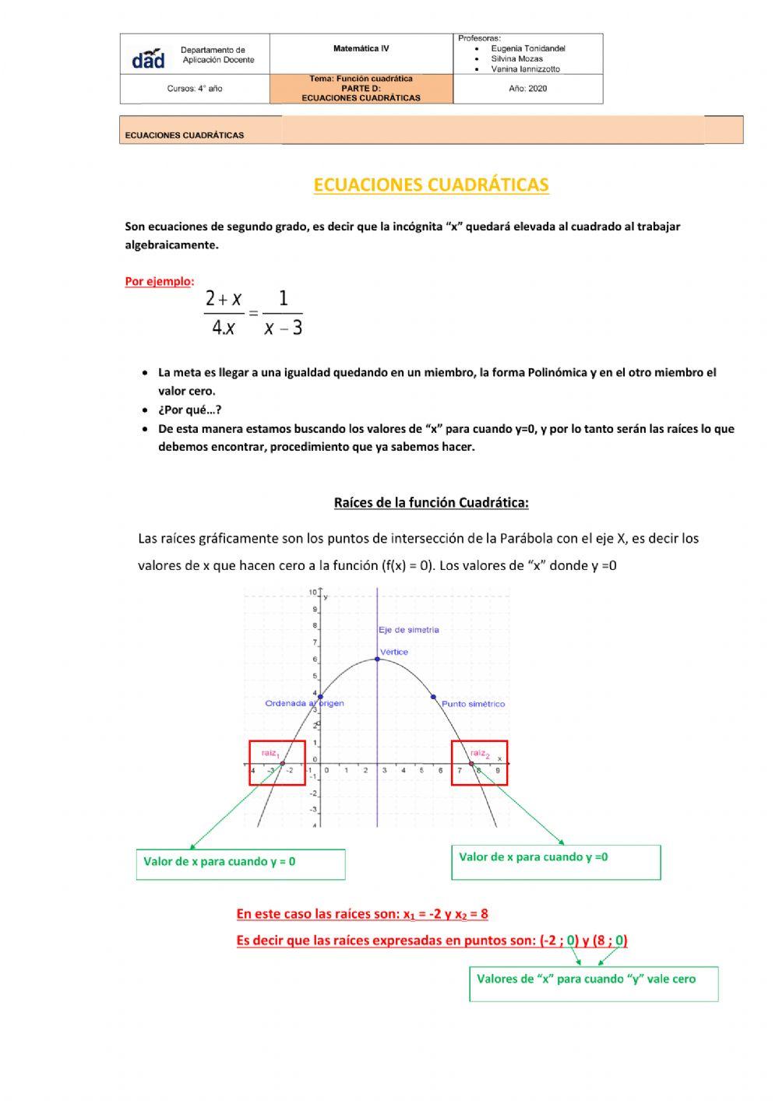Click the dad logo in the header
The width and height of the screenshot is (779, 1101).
(148, 58)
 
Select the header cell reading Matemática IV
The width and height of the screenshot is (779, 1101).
(361, 49)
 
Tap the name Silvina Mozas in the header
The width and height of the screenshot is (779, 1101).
(516, 58)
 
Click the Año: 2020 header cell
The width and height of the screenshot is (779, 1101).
(527, 89)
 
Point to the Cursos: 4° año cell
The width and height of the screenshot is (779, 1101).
(195, 89)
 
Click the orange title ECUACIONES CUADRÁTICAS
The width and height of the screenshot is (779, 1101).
(431, 185)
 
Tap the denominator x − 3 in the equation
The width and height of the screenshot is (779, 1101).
(283, 328)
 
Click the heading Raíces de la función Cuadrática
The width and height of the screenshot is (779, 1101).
(431, 503)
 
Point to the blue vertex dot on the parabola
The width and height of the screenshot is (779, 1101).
(378, 660)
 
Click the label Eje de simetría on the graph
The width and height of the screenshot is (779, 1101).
(409, 630)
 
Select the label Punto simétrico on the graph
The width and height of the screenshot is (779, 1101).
(473, 704)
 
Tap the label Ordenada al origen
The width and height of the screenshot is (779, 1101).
(304, 703)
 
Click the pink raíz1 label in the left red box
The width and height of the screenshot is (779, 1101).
(270, 753)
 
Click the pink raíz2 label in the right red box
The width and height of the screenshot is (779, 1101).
(479, 753)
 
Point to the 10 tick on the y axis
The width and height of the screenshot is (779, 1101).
(312, 593)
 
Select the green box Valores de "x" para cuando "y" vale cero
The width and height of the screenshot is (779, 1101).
(593, 983)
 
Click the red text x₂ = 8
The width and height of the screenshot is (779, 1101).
(471, 914)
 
